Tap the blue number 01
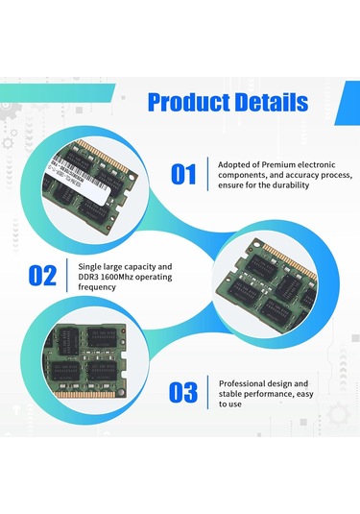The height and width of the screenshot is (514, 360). point(183,174)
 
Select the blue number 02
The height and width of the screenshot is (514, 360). point(43,276)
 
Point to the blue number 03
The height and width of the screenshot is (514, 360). point(183,392)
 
